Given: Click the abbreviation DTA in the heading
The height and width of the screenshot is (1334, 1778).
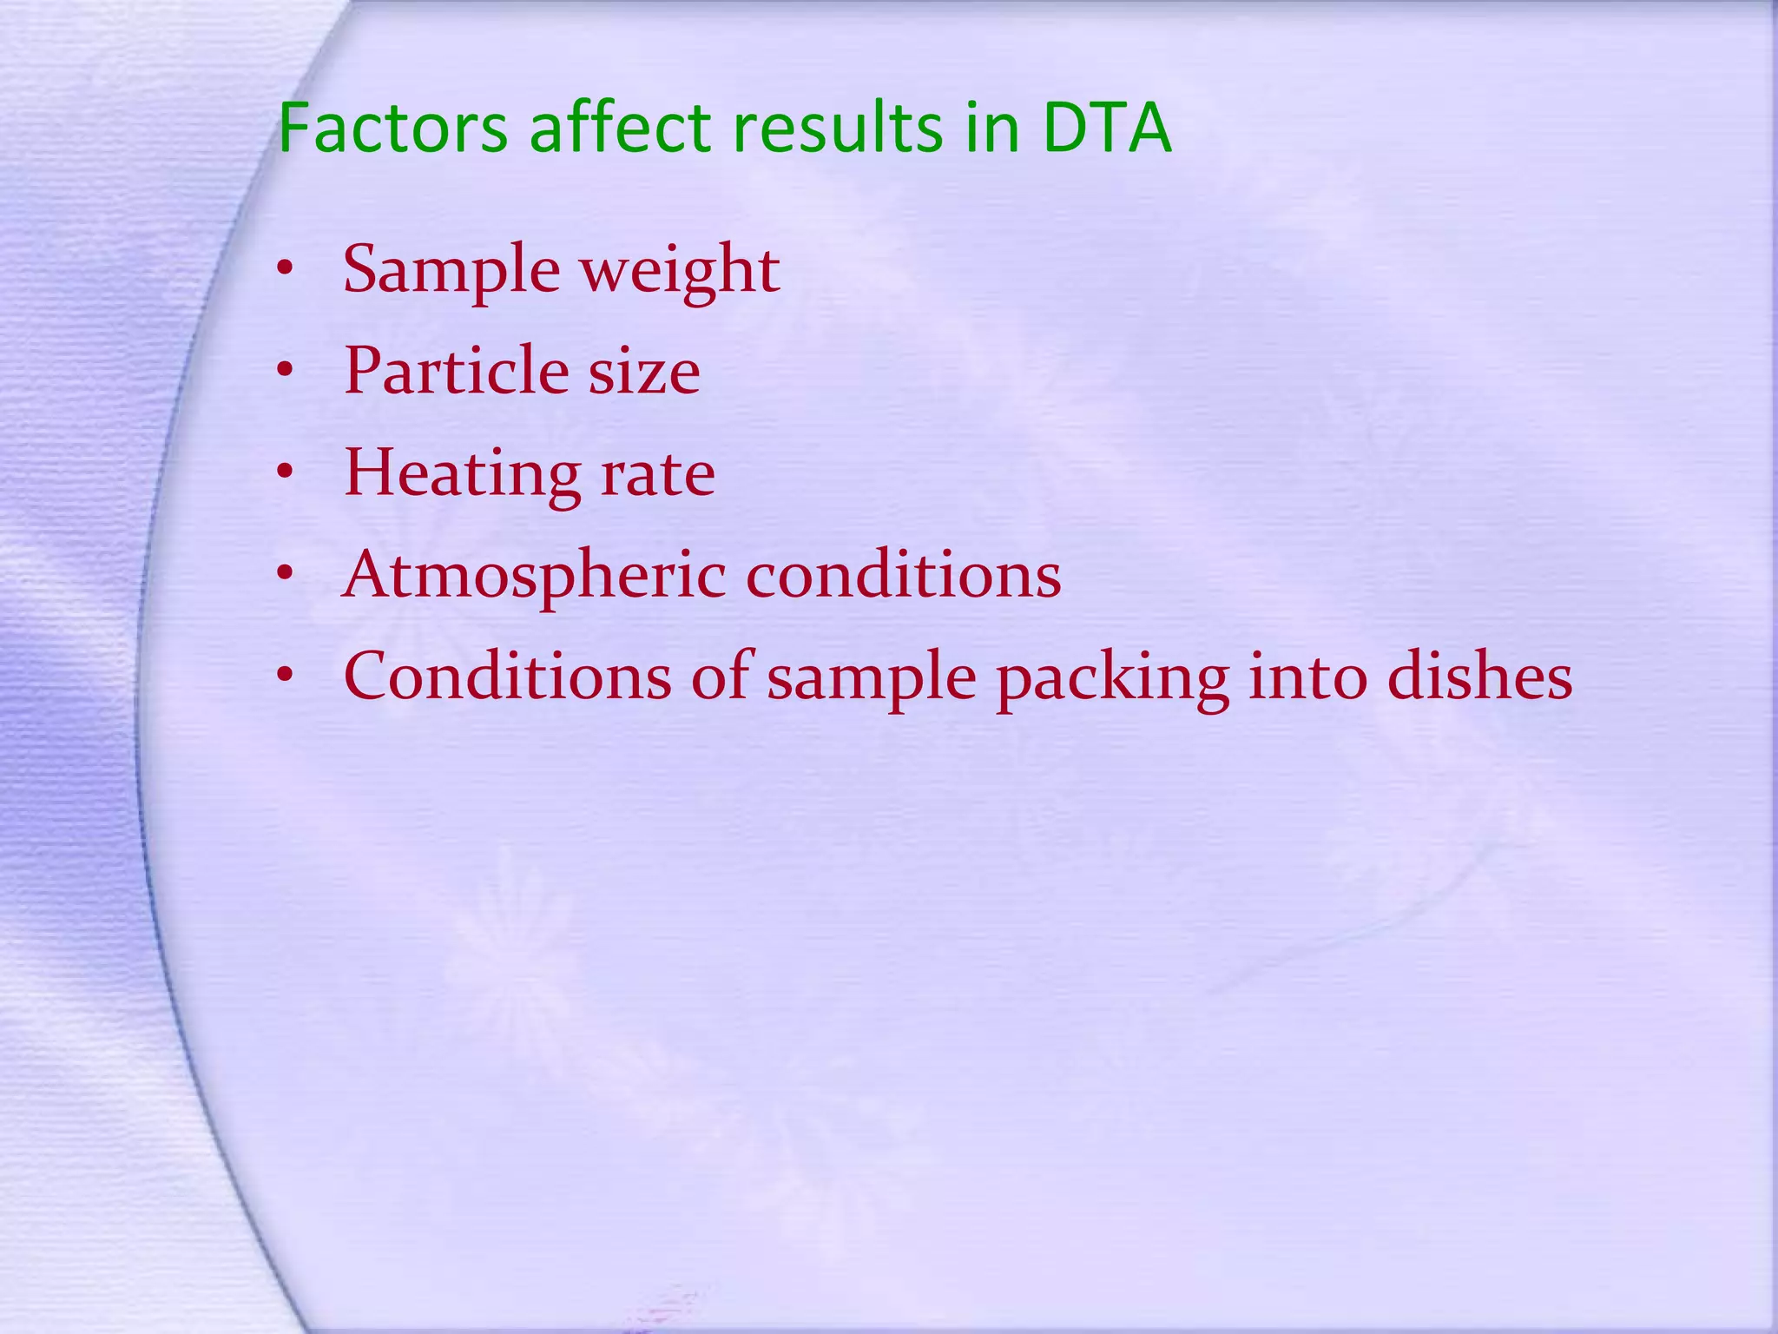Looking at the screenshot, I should tap(1107, 129).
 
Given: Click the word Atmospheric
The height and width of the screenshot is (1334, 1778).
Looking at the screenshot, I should tap(534, 577).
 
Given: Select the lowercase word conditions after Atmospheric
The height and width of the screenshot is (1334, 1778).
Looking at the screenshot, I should tap(903, 575).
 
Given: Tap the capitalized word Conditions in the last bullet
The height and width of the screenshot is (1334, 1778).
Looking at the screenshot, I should tap(508, 677).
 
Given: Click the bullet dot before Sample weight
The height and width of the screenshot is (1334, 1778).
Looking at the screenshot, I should tap(285, 270).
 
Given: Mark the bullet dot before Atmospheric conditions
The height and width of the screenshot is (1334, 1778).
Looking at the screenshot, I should tap(285, 574).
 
